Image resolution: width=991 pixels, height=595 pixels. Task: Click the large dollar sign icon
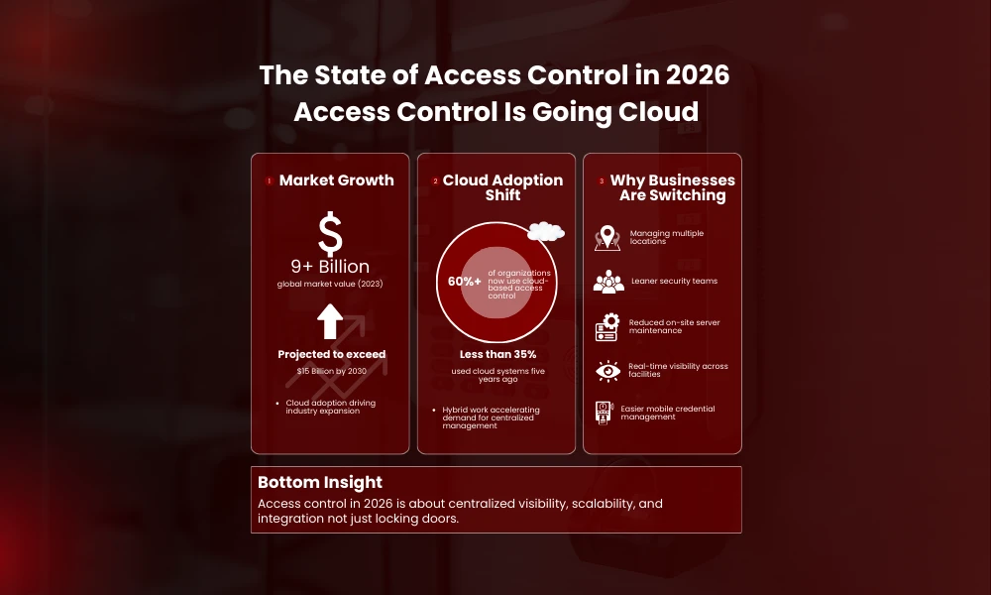click(330, 234)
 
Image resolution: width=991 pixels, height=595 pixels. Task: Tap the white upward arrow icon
click(330, 322)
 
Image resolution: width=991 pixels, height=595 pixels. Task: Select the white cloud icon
click(545, 232)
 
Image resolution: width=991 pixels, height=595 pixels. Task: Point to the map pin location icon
click(607, 238)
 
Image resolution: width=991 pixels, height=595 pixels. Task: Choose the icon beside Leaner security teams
click(608, 282)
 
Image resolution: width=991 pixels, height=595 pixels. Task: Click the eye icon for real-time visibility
click(607, 370)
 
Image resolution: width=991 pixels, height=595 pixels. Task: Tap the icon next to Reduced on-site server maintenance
click(607, 326)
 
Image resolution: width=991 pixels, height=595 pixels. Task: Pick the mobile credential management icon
click(604, 413)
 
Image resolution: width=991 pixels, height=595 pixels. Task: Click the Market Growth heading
click(336, 180)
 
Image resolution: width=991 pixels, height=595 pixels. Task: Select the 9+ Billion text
click(330, 267)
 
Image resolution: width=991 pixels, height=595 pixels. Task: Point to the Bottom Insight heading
click(320, 482)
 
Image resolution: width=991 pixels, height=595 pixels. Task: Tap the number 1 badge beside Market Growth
click(269, 181)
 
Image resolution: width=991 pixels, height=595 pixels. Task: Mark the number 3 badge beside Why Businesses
click(601, 181)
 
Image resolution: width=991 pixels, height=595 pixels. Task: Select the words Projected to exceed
click(331, 354)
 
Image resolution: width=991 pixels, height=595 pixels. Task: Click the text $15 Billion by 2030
click(330, 371)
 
